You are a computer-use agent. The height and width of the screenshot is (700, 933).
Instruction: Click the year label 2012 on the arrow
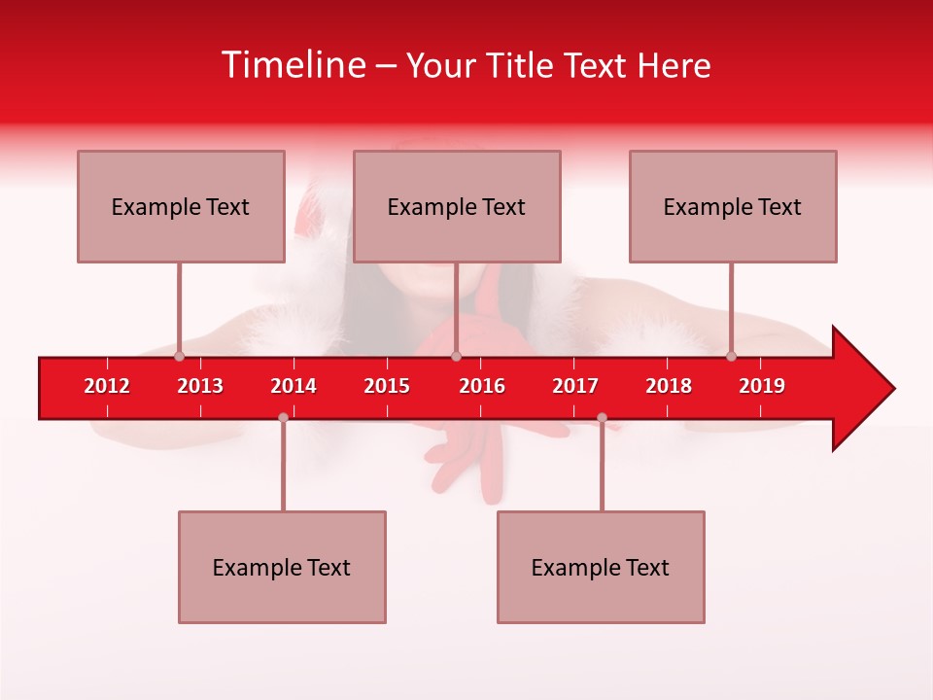click(x=107, y=386)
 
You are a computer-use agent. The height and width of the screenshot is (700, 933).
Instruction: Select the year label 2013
click(x=200, y=386)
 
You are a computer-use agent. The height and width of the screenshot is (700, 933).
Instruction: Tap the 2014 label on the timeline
click(x=294, y=386)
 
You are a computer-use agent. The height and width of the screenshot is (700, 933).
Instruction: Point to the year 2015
click(x=387, y=386)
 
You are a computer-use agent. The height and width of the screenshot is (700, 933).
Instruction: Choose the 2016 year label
click(x=482, y=386)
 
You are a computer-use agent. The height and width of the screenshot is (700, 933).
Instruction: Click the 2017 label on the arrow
click(x=575, y=386)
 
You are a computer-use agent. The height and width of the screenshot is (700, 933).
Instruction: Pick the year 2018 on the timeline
click(x=669, y=386)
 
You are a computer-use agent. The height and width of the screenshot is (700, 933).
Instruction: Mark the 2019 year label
click(x=762, y=386)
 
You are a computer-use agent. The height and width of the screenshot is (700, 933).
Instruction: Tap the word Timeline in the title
click(x=293, y=65)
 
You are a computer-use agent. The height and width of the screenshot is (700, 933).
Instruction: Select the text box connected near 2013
click(x=181, y=206)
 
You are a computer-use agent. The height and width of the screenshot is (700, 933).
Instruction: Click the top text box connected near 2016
click(x=457, y=206)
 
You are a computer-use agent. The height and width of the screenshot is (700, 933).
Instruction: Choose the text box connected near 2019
click(x=733, y=206)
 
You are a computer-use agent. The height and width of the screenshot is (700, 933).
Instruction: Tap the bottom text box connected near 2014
click(x=282, y=567)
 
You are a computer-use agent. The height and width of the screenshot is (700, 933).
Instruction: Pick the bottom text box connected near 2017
click(x=601, y=567)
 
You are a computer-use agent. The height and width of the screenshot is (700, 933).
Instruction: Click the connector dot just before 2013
click(x=179, y=356)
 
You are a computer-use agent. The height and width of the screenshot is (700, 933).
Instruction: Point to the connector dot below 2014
click(x=283, y=417)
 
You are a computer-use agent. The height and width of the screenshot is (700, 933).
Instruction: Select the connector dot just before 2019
click(x=731, y=356)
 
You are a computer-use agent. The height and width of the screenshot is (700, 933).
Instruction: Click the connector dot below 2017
click(x=602, y=417)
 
